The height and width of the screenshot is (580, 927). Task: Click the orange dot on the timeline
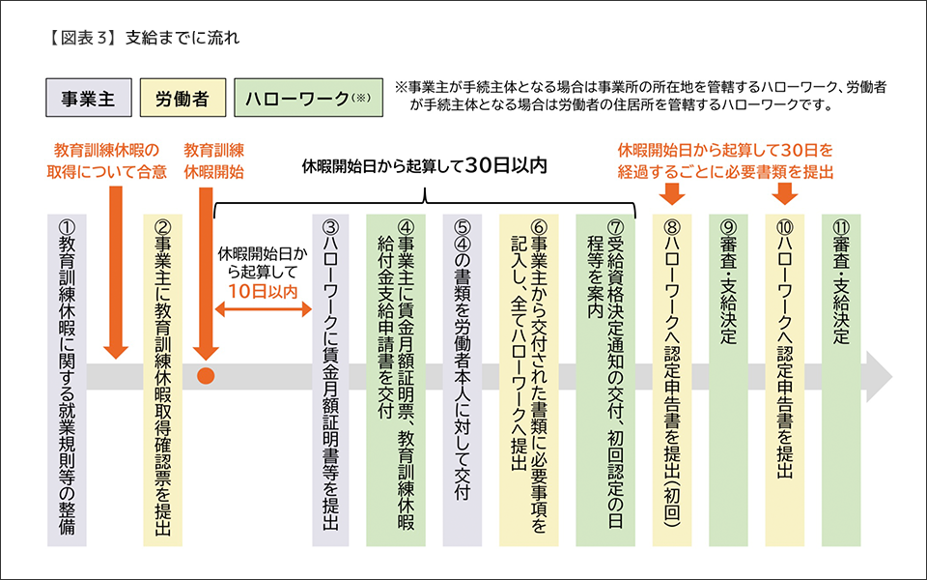(x=205, y=375)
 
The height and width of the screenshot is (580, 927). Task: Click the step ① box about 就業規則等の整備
(x=67, y=377)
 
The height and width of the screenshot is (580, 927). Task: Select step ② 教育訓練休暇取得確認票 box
(x=161, y=377)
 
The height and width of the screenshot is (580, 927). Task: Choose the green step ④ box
(x=397, y=377)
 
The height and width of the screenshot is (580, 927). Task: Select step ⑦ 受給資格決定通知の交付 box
(x=606, y=377)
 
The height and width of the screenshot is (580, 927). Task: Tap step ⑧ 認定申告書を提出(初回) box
(x=673, y=377)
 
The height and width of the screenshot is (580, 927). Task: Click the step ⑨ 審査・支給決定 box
(x=728, y=377)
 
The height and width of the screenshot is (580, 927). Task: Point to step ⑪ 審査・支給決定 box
(x=840, y=377)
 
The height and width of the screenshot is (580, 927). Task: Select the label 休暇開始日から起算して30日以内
(x=425, y=165)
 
